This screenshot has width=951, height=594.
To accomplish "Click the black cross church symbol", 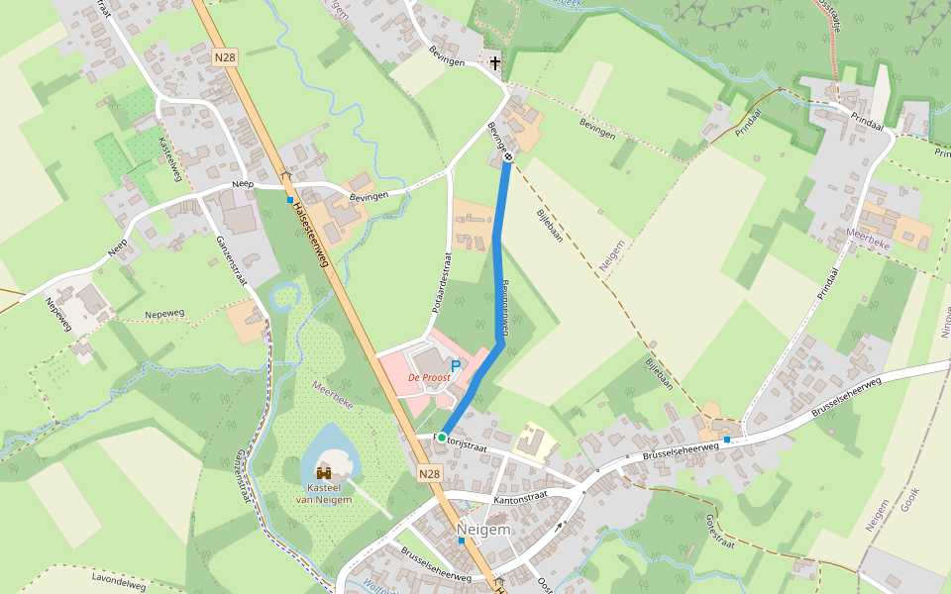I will point(494,63).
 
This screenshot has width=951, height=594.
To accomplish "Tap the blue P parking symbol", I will point(456,366).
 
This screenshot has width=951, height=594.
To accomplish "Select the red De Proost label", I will point(430,378).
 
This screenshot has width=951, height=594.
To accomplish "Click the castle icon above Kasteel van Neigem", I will point(324,472).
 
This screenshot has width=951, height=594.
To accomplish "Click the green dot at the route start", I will point(441,437).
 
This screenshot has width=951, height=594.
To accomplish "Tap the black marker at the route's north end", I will point(508,156).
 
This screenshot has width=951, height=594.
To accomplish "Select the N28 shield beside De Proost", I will point(429,474).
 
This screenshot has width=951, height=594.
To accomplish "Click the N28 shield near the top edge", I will point(225,58).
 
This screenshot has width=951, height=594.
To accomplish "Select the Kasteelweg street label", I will point(170,158).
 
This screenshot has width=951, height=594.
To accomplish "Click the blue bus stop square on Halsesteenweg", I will point(289,199).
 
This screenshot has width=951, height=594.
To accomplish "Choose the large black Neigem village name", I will point(483,530).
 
